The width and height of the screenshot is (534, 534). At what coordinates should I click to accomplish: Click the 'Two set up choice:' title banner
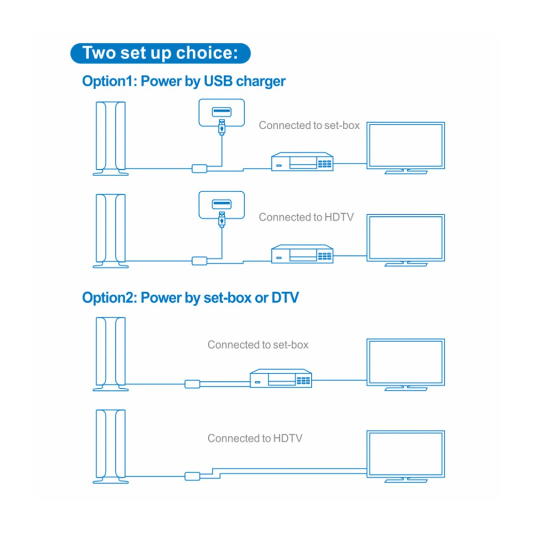coord(160,53)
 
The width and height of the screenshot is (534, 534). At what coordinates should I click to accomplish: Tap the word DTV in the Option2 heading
coord(285,297)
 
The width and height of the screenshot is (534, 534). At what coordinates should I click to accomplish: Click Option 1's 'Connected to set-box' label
coord(309,125)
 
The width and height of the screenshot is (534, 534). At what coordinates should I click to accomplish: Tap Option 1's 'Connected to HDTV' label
coord(306,217)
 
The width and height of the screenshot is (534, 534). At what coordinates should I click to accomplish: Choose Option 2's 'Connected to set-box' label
coord(258,344)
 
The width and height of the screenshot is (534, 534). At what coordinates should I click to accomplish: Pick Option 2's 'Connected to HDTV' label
coord(255,438)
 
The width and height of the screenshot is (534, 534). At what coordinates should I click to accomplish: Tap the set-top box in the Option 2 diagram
coord(281,379)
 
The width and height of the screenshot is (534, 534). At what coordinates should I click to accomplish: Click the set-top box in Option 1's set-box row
coord(302,161)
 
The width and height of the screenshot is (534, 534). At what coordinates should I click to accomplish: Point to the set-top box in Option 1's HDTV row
coord(302,254)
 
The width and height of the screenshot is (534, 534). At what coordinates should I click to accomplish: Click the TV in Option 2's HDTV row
coord(406,457)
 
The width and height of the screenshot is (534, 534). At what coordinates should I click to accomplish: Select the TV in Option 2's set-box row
coord(406,365)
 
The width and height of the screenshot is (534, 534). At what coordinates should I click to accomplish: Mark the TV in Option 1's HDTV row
coord(406,240)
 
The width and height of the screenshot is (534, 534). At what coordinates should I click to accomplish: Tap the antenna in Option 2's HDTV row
coord(111,446)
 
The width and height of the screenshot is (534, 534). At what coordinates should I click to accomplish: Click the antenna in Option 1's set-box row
coord(111,139)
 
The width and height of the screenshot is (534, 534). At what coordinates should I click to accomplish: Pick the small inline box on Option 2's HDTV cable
coord(192,476)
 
